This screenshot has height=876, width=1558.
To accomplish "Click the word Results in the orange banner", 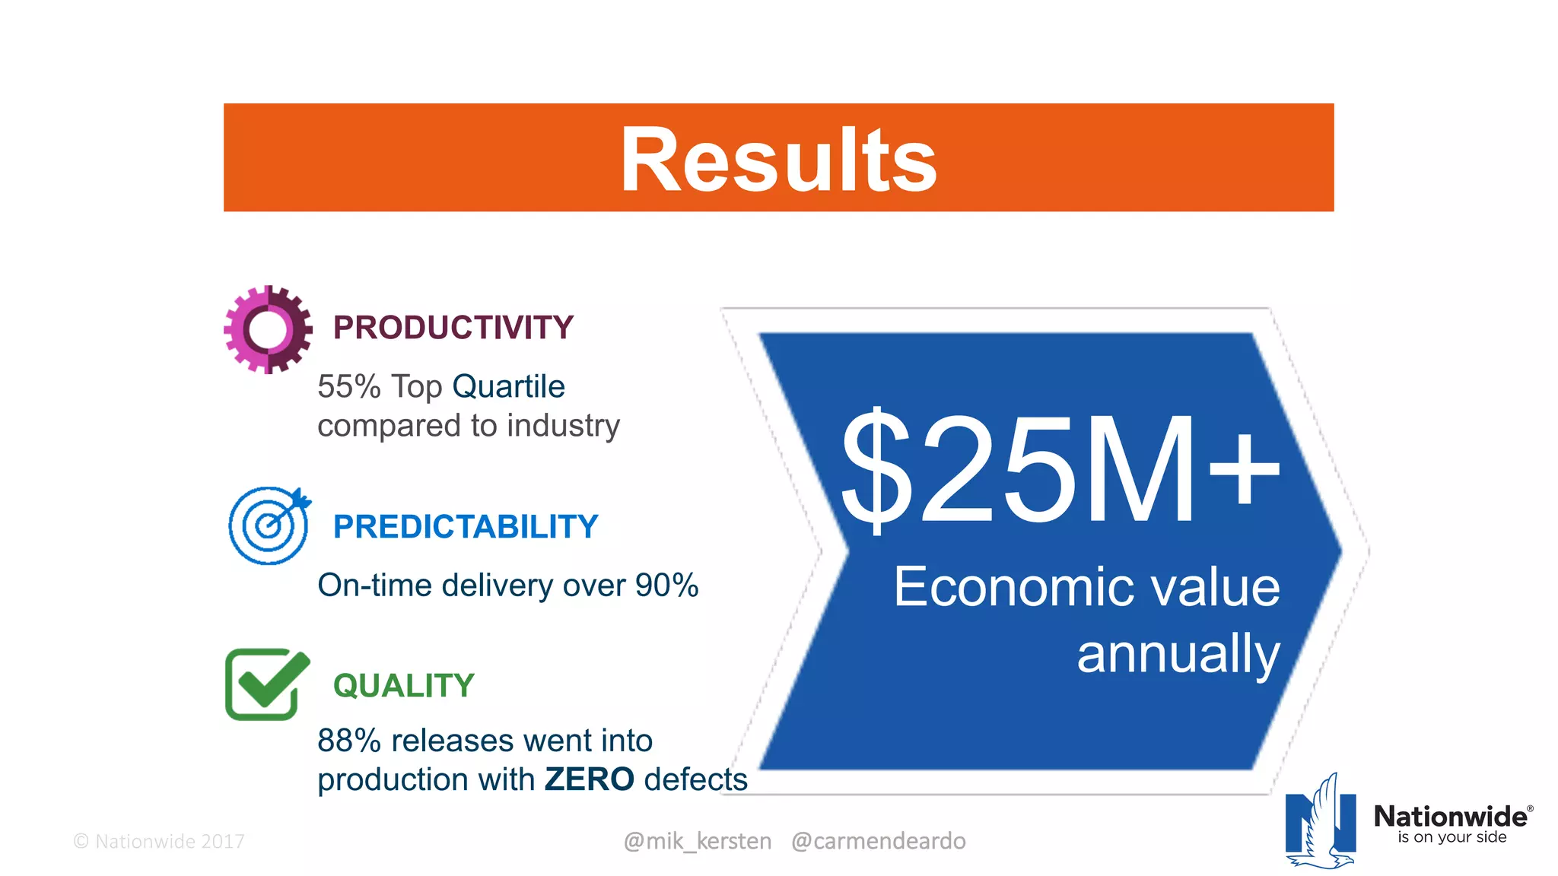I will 778,160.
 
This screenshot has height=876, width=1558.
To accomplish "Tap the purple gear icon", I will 268,329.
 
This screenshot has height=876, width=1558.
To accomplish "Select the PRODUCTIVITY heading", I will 453,328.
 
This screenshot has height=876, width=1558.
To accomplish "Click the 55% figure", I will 348,387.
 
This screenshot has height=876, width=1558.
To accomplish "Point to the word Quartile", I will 508,387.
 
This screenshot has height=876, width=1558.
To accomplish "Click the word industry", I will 563,426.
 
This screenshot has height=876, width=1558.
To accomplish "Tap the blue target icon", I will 269,525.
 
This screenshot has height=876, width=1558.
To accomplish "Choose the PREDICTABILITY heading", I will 466,527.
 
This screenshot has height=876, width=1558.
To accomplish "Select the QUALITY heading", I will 403,686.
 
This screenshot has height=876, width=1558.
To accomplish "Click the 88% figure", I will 348,741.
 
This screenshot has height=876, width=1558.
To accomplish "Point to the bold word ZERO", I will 589,779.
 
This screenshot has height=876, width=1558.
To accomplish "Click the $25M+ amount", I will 1060,469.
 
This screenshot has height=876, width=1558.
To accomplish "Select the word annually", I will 1178,654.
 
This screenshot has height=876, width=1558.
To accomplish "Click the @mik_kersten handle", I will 697,841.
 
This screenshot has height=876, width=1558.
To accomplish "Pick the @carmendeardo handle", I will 878,841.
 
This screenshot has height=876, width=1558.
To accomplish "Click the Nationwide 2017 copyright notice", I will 159,842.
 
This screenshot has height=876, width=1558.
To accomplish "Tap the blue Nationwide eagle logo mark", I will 1321,823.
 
